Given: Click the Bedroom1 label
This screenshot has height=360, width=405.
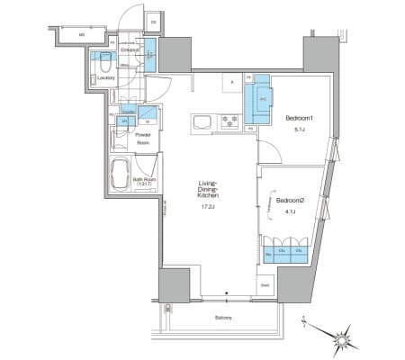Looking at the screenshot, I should [x=299, y=119].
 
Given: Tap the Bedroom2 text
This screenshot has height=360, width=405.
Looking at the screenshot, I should [x=289, y=200].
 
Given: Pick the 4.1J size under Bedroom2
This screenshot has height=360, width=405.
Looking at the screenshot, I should [x=289, y=212].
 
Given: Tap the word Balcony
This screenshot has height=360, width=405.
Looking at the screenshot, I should [x=225, y=319].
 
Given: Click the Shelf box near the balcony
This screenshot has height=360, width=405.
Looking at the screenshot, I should [x=265, y=285].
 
